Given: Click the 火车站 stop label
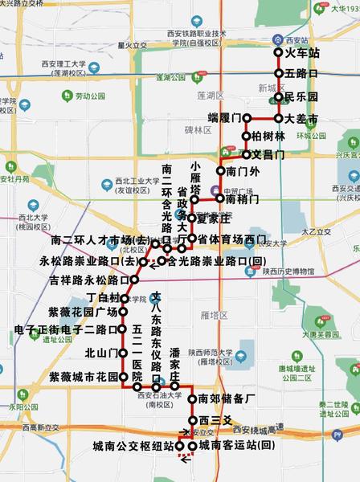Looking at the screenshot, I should (303, 53).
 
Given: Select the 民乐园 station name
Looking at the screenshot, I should (301, 97).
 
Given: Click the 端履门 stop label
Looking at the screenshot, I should (224, 118).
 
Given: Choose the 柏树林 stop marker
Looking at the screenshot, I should (247, 136).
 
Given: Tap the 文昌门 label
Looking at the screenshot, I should (268, 154).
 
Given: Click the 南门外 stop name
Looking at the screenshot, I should (243, 171).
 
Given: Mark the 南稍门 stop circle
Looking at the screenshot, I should (219, 198).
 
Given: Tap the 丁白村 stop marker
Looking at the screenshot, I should (123, 297).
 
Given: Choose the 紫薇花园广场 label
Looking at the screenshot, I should (83, 312).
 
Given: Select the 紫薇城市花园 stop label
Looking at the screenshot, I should (84, 376).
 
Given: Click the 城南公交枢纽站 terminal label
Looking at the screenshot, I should (133, 446).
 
